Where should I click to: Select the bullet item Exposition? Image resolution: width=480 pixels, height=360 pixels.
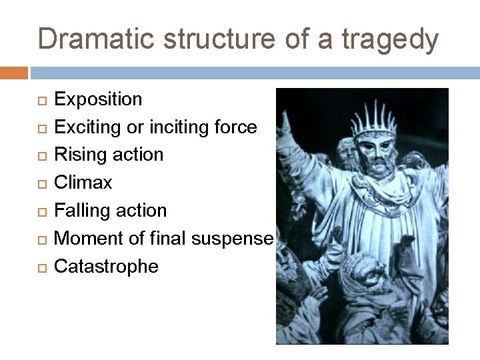click(x=98, y=100)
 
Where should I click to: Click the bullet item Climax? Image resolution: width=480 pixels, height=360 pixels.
click(x=83, y=183)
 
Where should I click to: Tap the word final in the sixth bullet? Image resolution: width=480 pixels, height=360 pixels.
click(x=167, y=238)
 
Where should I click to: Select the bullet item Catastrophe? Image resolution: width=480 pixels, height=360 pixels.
click(x=106, y=267)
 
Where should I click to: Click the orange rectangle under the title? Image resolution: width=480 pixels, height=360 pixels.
click(x=14, y=72)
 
